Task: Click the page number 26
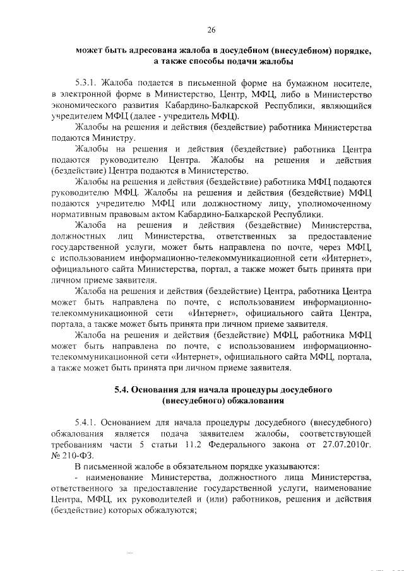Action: click(211, 30)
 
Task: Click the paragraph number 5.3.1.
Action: click(87, 83)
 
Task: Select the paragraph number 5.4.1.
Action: click(87, 421)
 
